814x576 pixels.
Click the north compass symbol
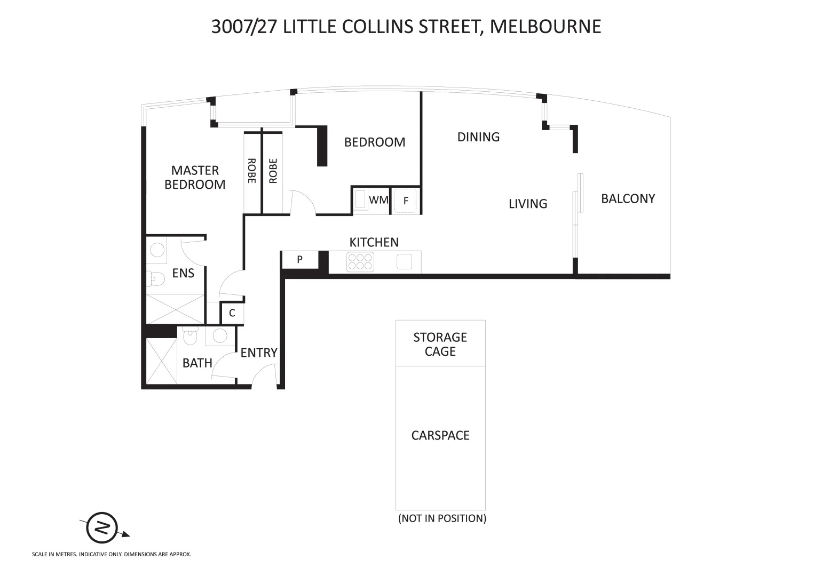point(102,527)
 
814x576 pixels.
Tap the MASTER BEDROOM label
point(195,177)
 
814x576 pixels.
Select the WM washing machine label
point(378,201)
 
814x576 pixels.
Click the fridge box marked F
point(406,201)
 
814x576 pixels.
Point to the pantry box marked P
point(300,260)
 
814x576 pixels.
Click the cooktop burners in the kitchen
point(360,262)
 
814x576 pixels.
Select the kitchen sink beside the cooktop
point(404,261)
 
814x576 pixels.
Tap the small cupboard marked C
point(232,313)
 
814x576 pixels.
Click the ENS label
point(183,273)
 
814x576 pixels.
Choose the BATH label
point(197,363)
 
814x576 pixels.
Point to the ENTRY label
point(259,353)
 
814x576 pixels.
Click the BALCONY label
point(628,198)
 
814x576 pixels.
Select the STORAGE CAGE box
point(440,343)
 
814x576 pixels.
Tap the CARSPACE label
point(440,435)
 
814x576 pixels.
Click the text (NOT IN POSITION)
point(442,518)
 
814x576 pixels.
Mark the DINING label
point(478,137)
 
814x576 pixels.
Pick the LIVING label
point(527,203)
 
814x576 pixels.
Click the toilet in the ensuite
point(156,278)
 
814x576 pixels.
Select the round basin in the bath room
point(219,336)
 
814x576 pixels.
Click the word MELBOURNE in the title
point(545,26)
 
